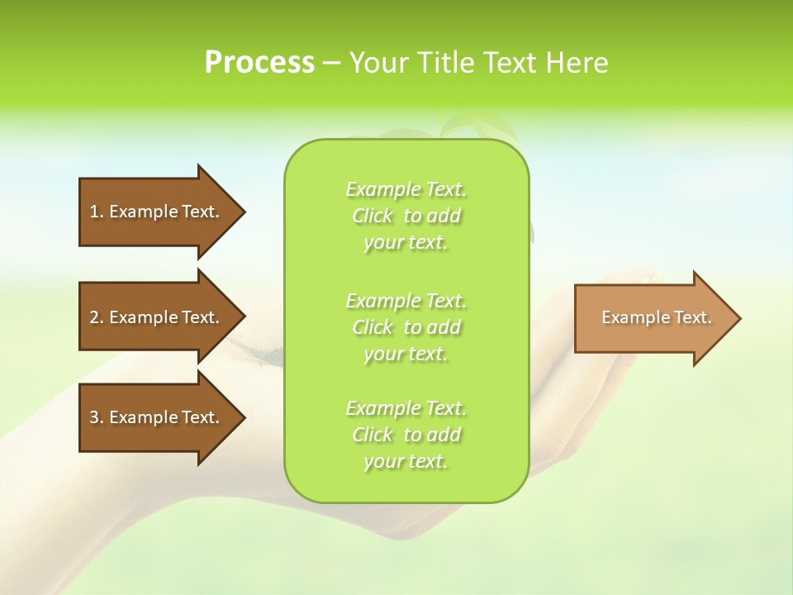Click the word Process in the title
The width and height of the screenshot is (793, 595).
(x=259, y=63)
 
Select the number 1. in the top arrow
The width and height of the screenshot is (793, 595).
(x=97, y=212)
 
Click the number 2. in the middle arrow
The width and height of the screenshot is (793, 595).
(x=97, y=317)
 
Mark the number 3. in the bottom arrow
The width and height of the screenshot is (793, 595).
(x=97, y=417)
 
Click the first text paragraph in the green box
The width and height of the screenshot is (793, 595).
(x=406, y=216)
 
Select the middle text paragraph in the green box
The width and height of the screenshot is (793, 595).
(x=406, y=327)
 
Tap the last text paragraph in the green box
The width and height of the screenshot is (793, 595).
(x=406, y=435)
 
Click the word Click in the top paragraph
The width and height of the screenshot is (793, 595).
(x=373, y=217)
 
